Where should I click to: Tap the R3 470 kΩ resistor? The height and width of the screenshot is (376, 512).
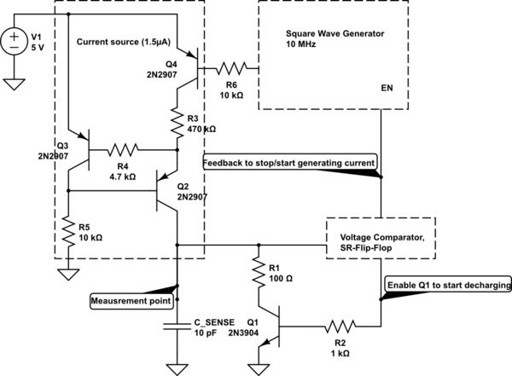coord(177,124)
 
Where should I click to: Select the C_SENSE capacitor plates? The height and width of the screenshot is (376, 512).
coord(177,325)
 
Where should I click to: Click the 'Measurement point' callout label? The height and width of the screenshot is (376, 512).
coord(132,300)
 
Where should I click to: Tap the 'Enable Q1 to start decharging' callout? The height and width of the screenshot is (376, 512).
coord(448,283)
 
